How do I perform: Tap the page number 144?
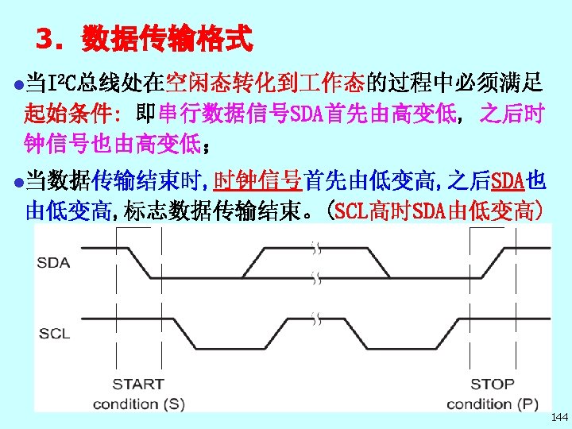(x=558, y=417)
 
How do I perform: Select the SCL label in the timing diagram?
(x=54, y=334)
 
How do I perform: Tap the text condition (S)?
(x=137, y=404)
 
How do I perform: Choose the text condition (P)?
(x=492, y=404)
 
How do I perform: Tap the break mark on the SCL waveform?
(x=316, y=319)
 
